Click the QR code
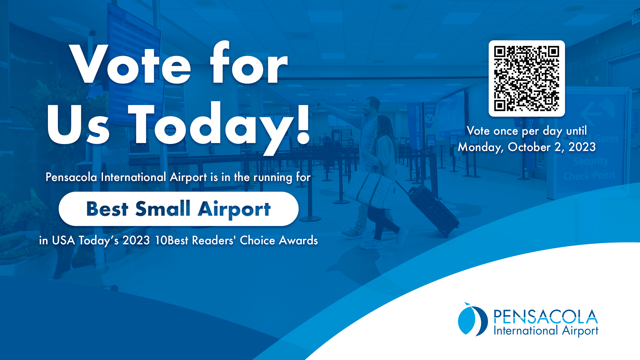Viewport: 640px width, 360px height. [527, 79]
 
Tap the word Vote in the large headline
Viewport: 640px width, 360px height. [130, 64]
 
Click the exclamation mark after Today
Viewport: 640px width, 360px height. [303, 123]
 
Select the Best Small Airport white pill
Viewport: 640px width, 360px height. [178, 209]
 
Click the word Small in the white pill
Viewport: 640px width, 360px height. [163, 209]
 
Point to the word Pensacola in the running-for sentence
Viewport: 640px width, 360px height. [71, 177]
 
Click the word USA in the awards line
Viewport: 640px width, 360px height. [63, 240]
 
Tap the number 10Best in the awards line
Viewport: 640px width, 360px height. [172, 240]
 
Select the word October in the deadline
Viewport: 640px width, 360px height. [529, 147]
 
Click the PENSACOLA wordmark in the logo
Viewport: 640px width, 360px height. [546, 316]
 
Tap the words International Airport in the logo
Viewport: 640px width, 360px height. [546, 331]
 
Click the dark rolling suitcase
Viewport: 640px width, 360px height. [433, 210]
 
